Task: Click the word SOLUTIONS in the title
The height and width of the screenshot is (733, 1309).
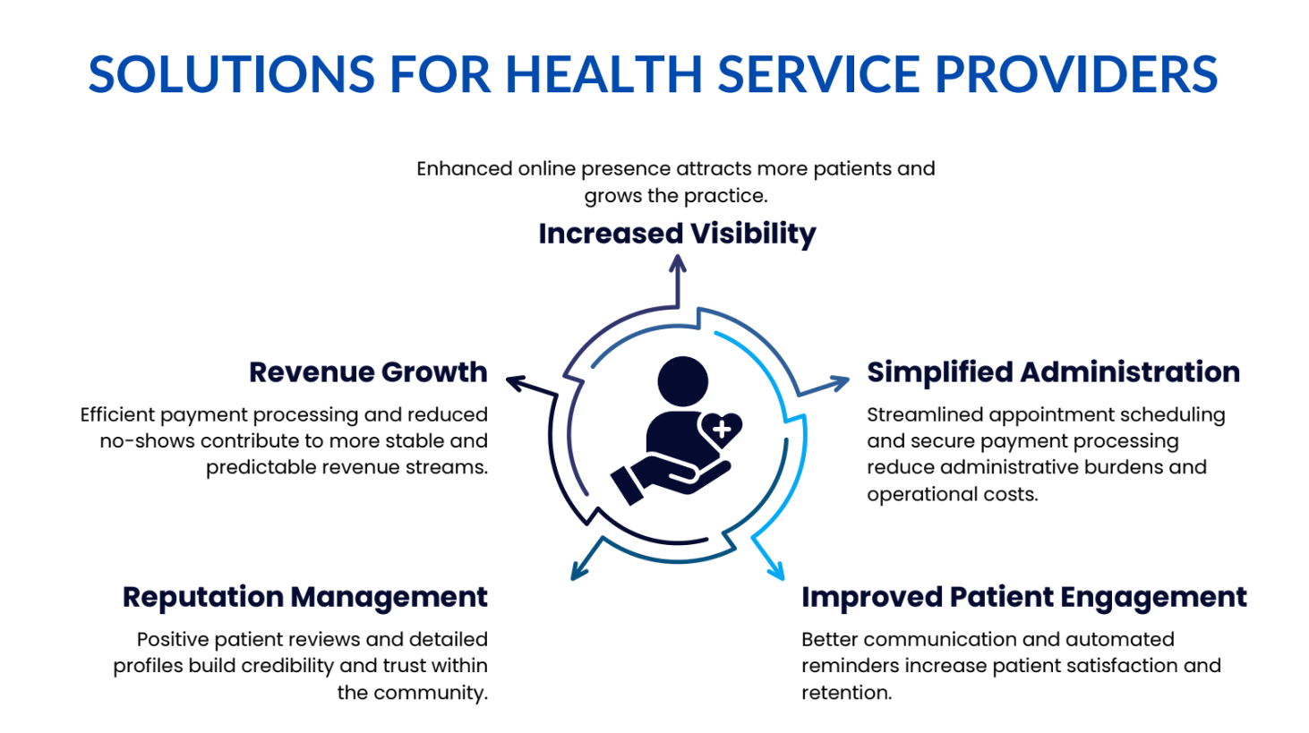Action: coord(231,74)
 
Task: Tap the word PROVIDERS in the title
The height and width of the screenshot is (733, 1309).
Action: coord(1076,74)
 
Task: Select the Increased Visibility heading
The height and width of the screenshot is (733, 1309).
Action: coord(677,234)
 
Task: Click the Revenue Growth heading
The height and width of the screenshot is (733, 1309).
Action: coord(368,372)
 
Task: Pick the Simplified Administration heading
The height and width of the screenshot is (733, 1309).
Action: coord(1053,372)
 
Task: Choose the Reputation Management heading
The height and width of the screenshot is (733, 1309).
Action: coord(305,598)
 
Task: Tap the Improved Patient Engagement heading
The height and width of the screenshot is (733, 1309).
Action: coord(1023,598)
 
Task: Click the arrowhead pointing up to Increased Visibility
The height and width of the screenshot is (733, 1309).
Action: coord(677,263)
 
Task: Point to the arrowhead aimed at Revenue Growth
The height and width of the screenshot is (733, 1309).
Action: coord(517,383)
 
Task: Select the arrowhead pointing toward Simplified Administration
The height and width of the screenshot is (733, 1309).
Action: coord(839,382)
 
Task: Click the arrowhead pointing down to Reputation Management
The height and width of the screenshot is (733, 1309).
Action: coord(578,571)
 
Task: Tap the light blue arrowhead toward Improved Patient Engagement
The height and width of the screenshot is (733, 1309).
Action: coord(776,571)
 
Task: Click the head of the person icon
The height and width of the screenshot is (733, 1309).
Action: coord(682,381)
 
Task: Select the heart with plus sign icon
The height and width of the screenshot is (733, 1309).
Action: coord(721,430)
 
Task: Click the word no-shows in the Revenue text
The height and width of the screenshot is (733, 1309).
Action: coord(147,441)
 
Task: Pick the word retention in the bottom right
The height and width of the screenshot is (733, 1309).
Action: coord(846,693)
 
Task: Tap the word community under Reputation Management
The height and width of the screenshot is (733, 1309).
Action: coord(430,694)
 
